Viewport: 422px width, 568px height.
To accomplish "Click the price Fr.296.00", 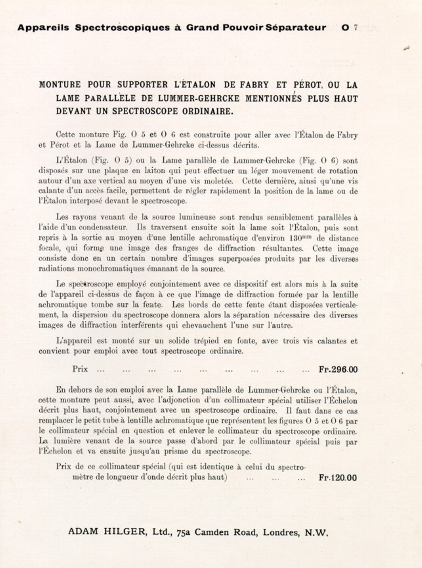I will coord(338,370).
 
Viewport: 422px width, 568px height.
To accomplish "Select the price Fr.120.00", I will coord(338,478).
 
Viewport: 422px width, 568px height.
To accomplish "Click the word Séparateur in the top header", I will coord(296,28).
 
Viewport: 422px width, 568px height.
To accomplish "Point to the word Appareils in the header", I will coord(43,28).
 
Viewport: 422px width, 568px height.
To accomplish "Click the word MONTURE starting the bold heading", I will coord(60,85).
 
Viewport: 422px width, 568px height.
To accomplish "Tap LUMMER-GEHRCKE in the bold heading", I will coord(199,98).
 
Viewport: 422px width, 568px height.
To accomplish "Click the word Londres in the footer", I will coord(281,532).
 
